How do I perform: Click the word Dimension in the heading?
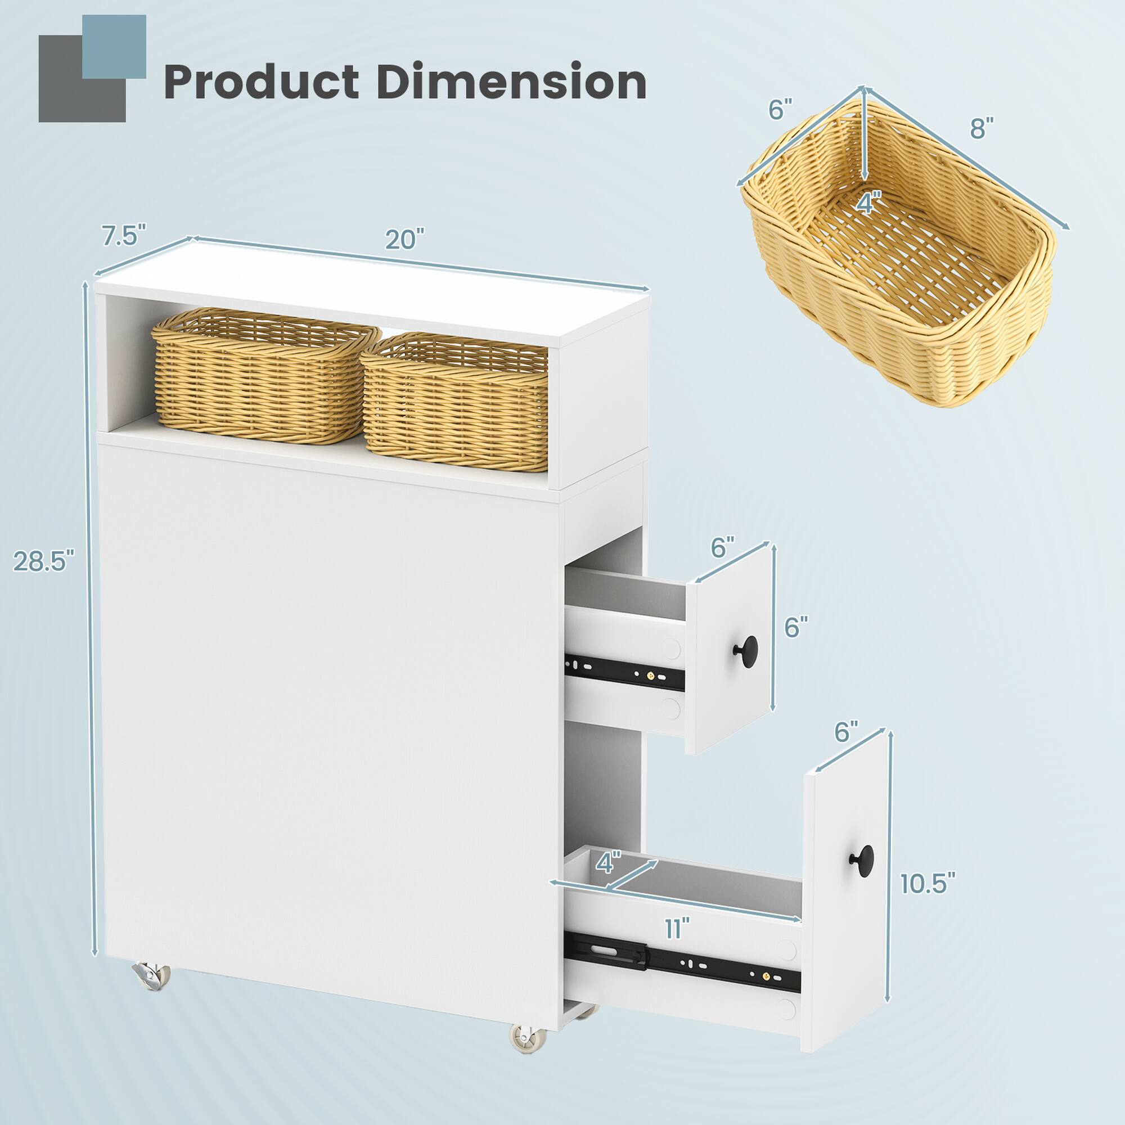tap(511, 82)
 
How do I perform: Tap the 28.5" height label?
tap(44, 561)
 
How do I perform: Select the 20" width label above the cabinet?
tap(404, 239)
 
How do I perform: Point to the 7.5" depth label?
tap(123, 236)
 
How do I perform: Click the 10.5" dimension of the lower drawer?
tap(928, 883)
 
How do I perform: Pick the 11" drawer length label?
tap(677, 927)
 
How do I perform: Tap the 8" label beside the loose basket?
tap(981, 128)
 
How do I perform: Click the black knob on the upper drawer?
tap(745, 647)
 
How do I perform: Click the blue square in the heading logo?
tap(114, 47)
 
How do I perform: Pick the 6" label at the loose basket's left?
tap(780, 110)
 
